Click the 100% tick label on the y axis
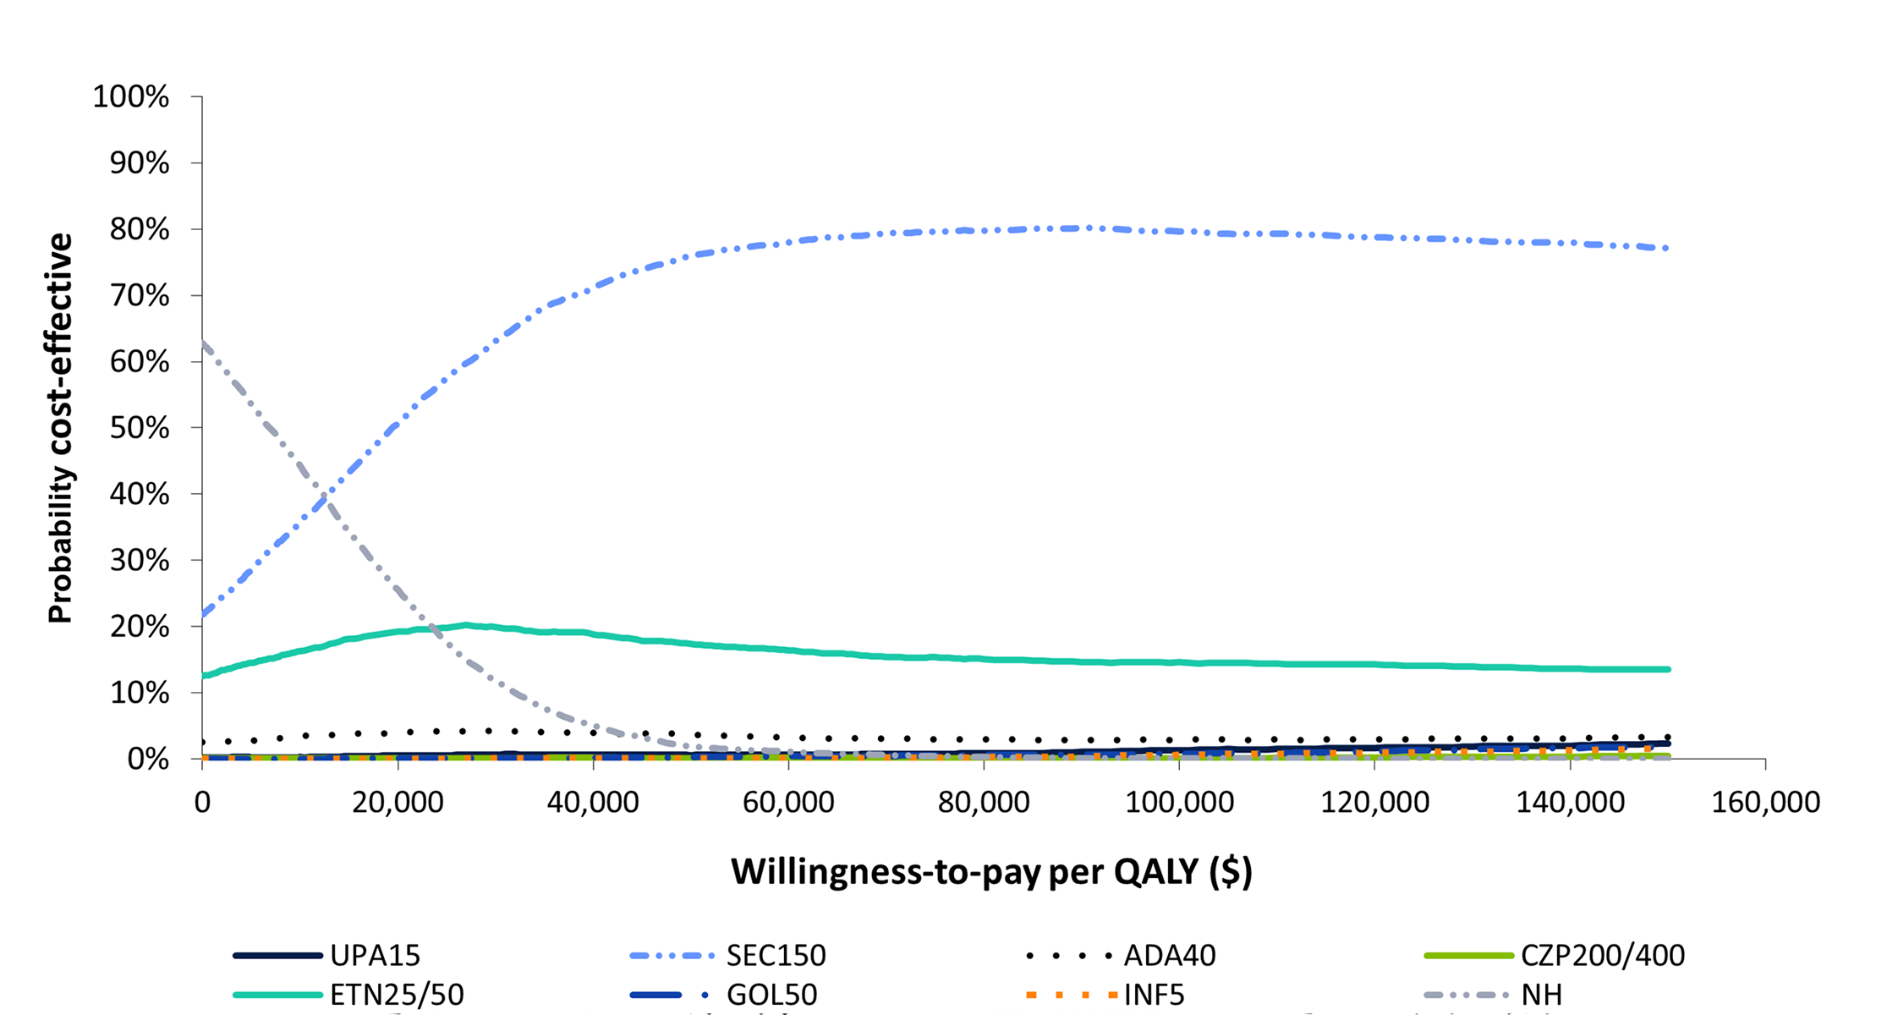[x=131, y=96]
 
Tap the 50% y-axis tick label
[x=140, y=428]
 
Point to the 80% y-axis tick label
[x=140, y=229]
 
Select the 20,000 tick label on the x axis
[x=398, y=802]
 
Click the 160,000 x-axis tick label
[x=1765, y=802]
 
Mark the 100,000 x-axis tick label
[x=1179, y=802]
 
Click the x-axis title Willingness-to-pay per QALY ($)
[x=991, y=871]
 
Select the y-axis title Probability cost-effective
[x=61, y=428]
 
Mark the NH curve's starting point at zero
[x=202, y=341]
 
